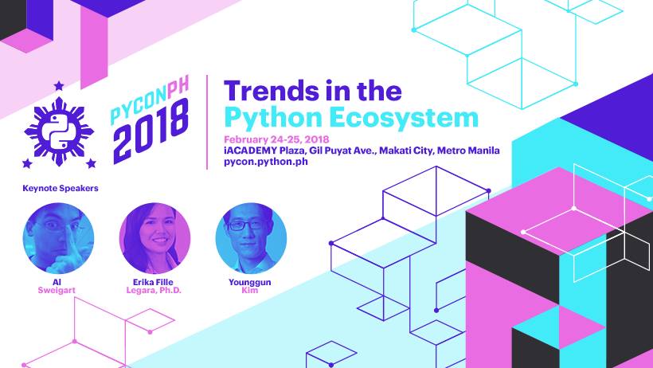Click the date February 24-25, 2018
pos(276,139)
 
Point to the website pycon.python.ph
pos(266,162)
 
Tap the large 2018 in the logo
pos(151,131)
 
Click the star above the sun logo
pos(59,85)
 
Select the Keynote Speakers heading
pos(61,188)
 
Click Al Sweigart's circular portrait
pos(58,238)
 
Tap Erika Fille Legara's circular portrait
pos(154,238)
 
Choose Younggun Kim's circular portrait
pos(251,238)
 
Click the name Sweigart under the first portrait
pos(57,290)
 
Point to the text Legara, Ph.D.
pos(154,290)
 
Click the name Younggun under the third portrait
pos(250,282)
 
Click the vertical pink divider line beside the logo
pos(207,122)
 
